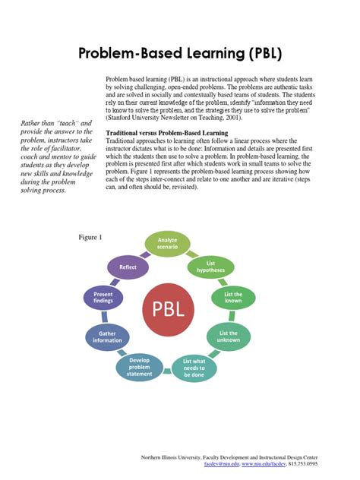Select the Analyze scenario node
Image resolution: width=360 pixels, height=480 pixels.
[x=167, y=245]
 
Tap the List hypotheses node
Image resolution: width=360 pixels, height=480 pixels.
[x=210, y=266]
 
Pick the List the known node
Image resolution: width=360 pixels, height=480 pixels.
[x=232, y=298]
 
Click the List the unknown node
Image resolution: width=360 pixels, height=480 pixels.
[x=228, y=336]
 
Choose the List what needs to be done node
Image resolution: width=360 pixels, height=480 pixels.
[x=195, y=367]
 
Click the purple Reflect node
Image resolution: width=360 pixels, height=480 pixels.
[x=127, y=267]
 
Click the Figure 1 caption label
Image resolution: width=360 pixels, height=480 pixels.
[x=90, y=238]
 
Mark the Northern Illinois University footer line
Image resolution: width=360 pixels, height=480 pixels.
[x=230, y=456]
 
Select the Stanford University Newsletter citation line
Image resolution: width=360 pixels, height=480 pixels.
[x=172, y=118]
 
